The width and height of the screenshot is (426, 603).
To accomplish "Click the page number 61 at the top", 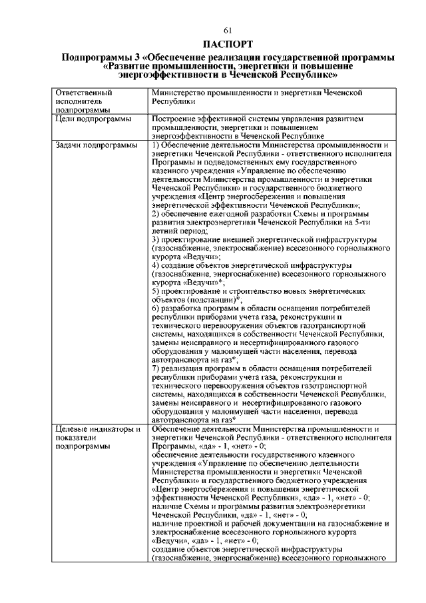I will (x=227, y=31).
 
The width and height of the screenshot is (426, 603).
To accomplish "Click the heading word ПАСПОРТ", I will (x=227, y=45).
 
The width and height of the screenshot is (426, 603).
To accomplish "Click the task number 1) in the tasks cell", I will (x=156, y=145).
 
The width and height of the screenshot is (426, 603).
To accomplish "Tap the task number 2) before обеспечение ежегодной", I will (x=156, y=214).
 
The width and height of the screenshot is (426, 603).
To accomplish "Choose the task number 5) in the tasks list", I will (x=156, y=292).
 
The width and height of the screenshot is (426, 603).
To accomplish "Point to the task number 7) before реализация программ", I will (x=156, y=370).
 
